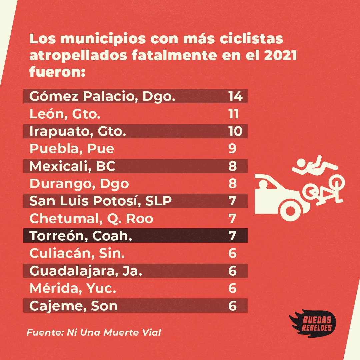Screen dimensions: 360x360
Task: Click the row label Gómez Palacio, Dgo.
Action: [102, 96]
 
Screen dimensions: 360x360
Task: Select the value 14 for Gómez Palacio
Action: [235, 96]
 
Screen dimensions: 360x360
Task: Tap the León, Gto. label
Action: [65, 114]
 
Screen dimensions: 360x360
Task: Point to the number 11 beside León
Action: [233, 114]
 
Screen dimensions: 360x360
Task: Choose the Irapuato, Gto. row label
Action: [78, 131]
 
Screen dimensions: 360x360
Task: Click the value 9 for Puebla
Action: [232, 149]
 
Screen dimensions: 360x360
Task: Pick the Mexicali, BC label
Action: [73, 166]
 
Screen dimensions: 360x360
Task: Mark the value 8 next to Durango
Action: [232, 183]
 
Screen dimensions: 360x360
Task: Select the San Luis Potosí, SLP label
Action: [101, 201]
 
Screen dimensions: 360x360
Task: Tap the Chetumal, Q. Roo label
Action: [91, 219]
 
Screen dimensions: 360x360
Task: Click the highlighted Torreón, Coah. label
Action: [81, 236]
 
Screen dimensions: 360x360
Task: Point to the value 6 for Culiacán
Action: [232, 253]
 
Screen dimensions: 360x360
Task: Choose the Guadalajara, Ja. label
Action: [86, 271]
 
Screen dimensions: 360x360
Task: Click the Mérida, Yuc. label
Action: [73, 288]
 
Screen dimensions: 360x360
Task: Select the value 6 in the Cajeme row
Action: [232, 306]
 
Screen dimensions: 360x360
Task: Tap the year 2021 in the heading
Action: [280, 55]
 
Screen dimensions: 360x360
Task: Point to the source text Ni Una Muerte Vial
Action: [114, 332]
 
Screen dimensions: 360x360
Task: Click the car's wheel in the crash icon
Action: [290, 211]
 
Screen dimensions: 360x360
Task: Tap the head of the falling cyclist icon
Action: [301, 163]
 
